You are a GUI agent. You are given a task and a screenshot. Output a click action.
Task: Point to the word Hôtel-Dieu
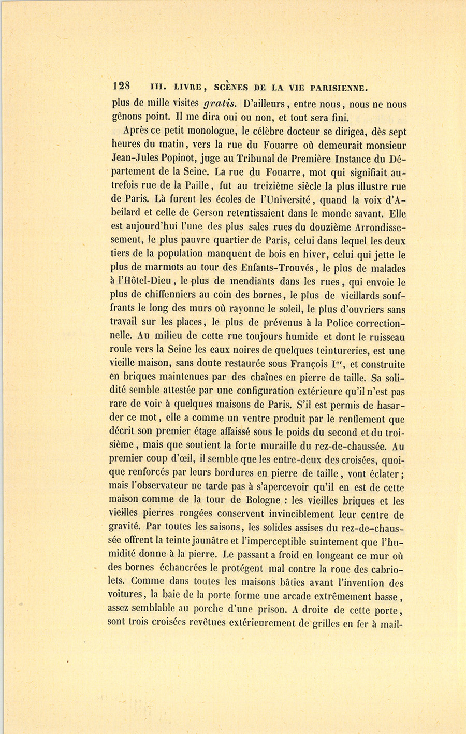(146, 282)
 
